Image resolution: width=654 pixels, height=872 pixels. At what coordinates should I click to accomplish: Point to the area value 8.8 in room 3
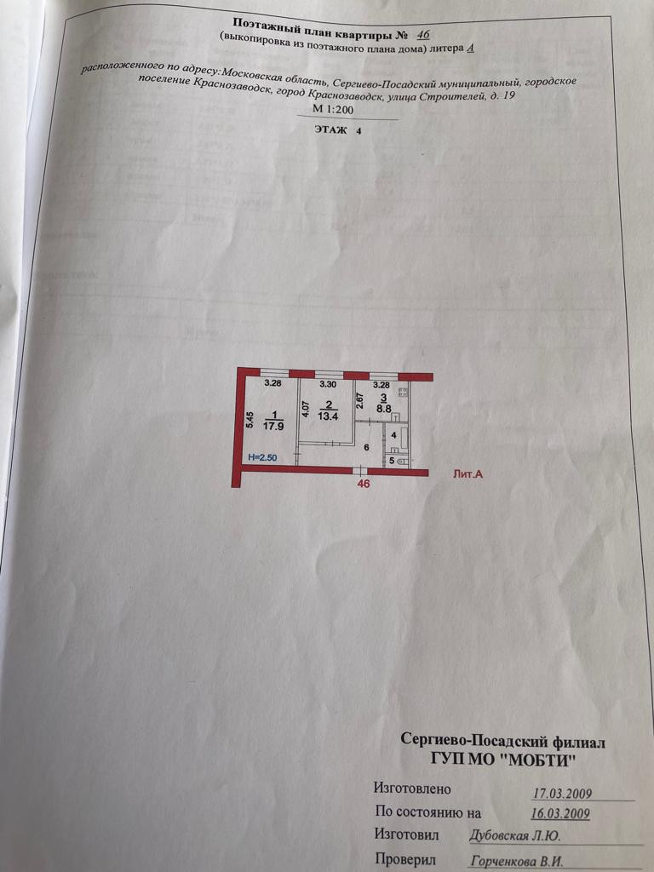pyautogui.click(x=385, y=408)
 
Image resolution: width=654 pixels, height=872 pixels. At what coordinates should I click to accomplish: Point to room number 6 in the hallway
pyautogui.click(x=366, y=448)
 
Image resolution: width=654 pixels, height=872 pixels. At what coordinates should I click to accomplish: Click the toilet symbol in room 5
pyautogui.click(x=401, y=462)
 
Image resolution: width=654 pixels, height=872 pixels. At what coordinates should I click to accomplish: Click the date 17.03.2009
pyautogui.click(x=561, y=793)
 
